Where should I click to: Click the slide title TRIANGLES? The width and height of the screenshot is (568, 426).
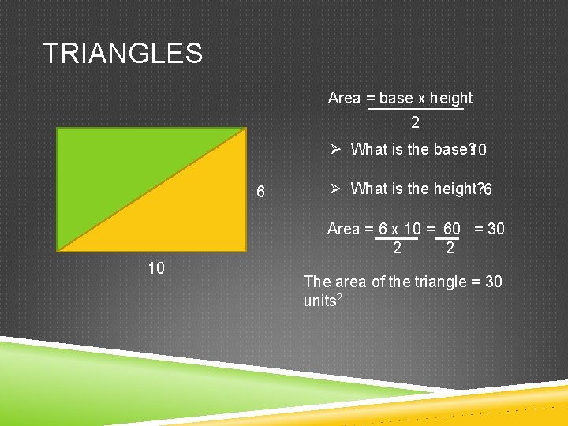pyautogui.click(x=122, y=54)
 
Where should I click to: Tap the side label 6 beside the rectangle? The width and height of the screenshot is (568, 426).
pyautogui.click(x=261, y=192)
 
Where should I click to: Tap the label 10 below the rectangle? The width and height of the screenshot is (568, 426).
pyautogui.click(x=156, y=268)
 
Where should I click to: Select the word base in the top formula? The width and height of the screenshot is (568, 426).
pyautogui.click(x=396, y=99)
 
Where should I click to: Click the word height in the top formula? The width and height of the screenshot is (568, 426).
pyautogui.click(x=451, y=99)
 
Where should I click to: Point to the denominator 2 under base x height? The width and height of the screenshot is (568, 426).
pyautogui.click(x=415, y=123)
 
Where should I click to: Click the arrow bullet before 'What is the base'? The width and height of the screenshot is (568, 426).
pyautogui.click(x=334, y=149)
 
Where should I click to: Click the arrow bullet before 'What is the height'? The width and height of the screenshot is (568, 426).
pyautogui.click(x=334, y=189)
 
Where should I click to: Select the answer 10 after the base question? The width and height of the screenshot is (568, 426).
pyautogui.click(x=478, y=151)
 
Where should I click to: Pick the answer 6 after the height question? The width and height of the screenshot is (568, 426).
pyautogui.click(x=488, y=190)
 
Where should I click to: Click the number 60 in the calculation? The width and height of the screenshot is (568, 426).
pyautogui.click(x=451, y=229)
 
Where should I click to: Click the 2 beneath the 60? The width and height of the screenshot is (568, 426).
pyautogui.click(x=450, y=248)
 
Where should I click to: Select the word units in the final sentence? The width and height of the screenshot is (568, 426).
pyautogui.click(x=319, y=301)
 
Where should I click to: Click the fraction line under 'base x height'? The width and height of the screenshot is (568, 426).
pyautogui.click(x=416, y=110)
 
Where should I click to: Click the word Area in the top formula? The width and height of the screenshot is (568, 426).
pyautogui.click(x=344, y=99)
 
